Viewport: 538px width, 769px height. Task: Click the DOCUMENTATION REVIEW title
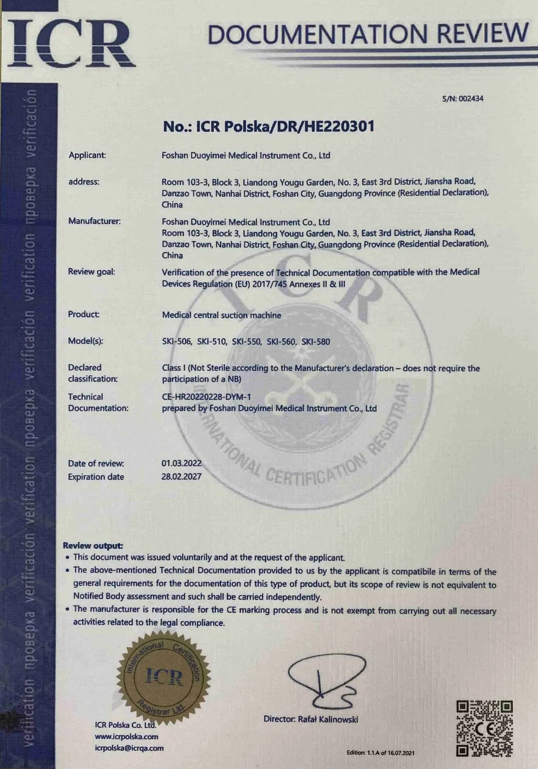(368, 34)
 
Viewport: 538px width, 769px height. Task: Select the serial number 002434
(471, 99)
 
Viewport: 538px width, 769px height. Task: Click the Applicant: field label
(87, 155)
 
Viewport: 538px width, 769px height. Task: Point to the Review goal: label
(91, 272)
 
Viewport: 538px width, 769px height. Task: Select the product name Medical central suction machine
(221, 315)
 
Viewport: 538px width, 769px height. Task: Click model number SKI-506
(177, 341)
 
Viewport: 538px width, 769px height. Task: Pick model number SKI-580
(316, 341)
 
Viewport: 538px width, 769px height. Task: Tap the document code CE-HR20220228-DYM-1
(206, 397)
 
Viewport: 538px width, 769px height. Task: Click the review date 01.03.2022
(181, 463)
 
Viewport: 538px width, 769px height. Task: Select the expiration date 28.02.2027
(181, 476)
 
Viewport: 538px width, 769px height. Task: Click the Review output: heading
(93, 546)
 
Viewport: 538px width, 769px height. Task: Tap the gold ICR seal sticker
(163, 675)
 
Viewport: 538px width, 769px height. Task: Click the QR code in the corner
(484, 727)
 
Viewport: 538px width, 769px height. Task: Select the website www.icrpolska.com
(126, 736)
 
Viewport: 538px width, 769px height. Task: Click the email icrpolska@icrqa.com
(129, 748)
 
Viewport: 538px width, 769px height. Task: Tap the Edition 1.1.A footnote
(380, 752)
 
